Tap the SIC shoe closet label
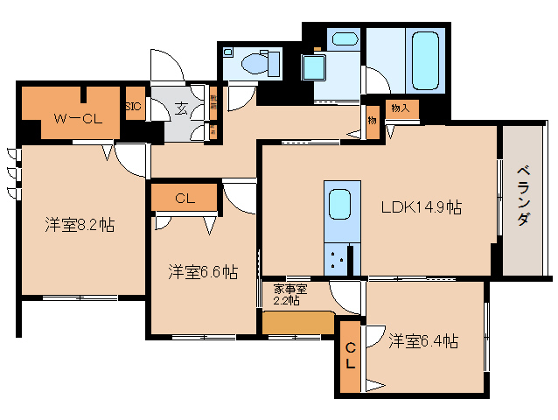[x=133, y=107]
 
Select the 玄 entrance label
[x=180, y=108]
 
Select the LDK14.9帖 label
[x=421, y=207]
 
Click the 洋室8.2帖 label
[x=80, y=225]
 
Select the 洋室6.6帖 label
[x=204, y=271]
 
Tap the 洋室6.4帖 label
[x=423, y=341]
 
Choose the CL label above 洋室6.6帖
[x=185, y=199]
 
